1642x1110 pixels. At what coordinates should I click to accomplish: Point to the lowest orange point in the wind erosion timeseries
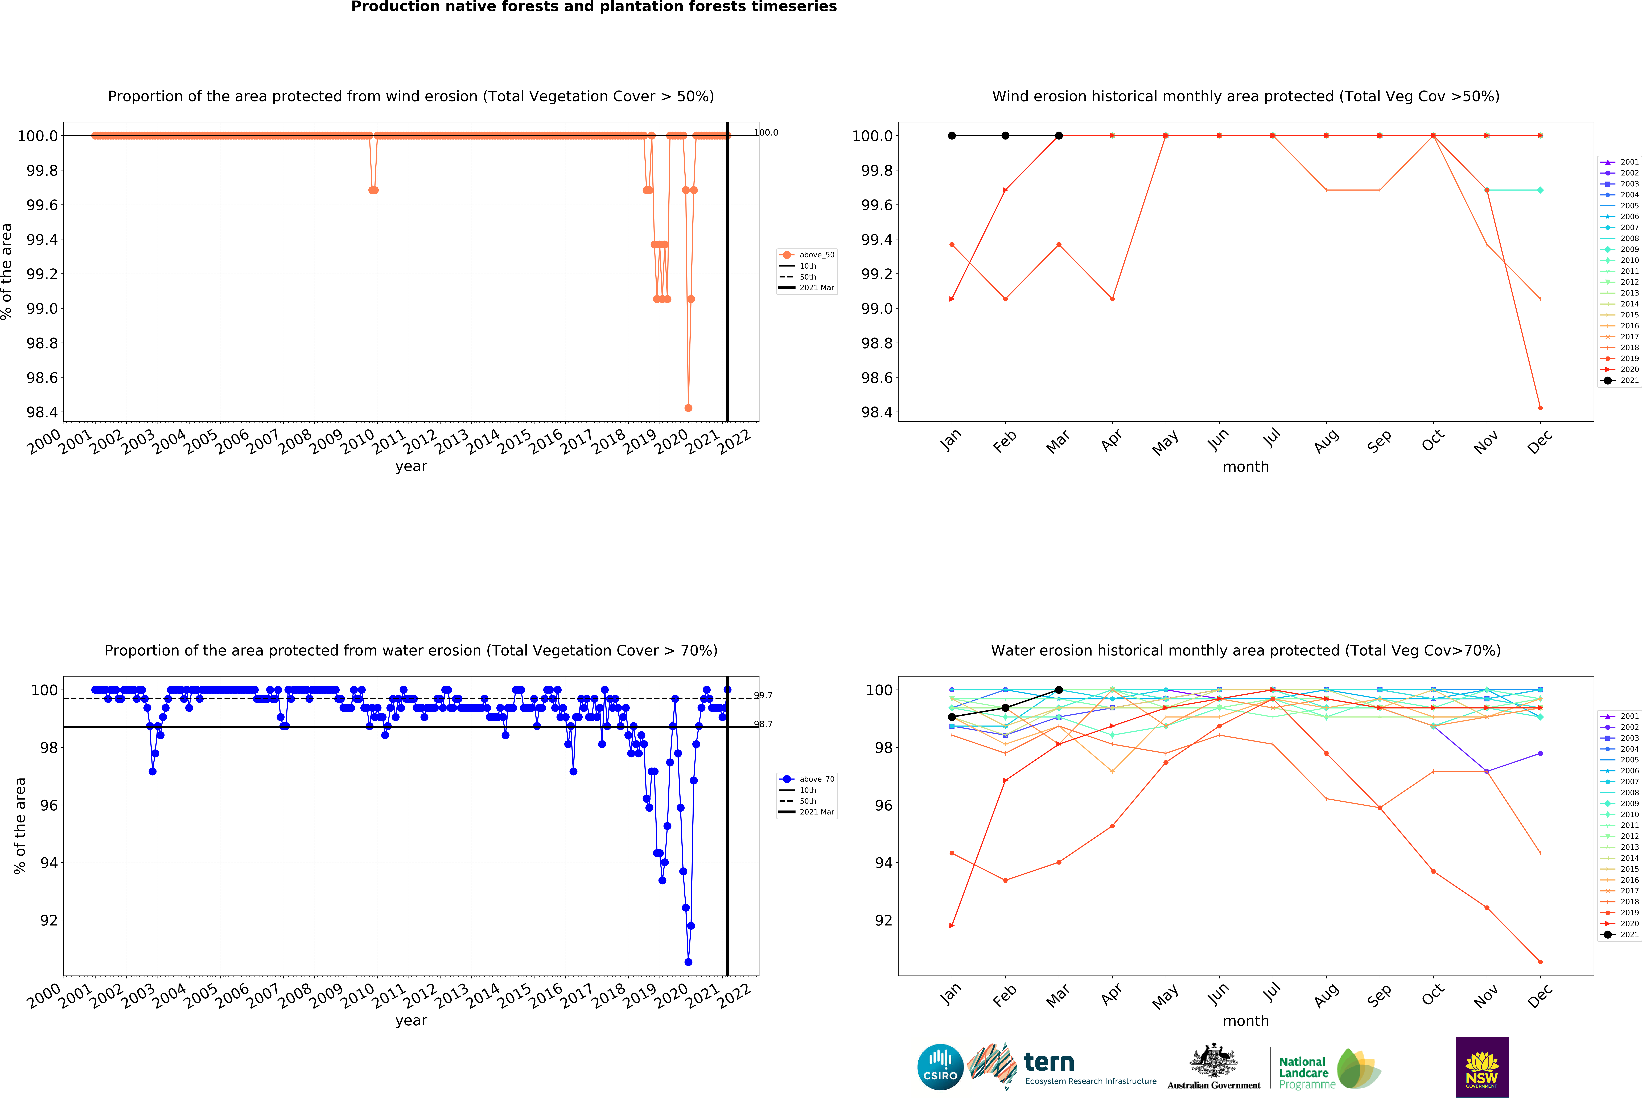pyautogui.click(x=688, y=408)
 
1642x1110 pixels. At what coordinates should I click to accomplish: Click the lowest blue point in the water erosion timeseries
pyautogui.click(x=688, y=962)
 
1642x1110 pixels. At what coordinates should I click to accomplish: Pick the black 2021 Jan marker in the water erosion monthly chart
pyautogui.click(x=952, y=716)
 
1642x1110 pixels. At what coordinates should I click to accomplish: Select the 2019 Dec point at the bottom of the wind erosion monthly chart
pyautogui.click(x=1540, y=408)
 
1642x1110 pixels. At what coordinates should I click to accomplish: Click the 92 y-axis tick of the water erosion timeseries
pyautogui.click(x=48, y=920)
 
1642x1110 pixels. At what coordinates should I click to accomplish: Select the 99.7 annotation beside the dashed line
pyautogui.click(x=763, y=695)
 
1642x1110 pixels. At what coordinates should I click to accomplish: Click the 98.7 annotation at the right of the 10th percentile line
pyautogui.click(x=763, y=724)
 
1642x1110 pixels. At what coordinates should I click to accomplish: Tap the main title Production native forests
pyautogui.click(x=594, y=7)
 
